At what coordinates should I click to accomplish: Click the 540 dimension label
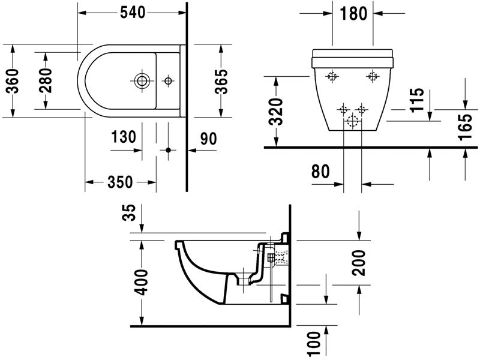(133, 12)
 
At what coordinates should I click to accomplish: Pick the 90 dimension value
(208, 139)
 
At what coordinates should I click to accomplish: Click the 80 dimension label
(322, 171)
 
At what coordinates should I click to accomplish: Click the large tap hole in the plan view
(143, 80)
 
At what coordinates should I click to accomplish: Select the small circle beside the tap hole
(168, 80)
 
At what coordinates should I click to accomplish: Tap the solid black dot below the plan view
(168, 149)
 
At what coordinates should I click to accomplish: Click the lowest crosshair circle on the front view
(352, 122)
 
